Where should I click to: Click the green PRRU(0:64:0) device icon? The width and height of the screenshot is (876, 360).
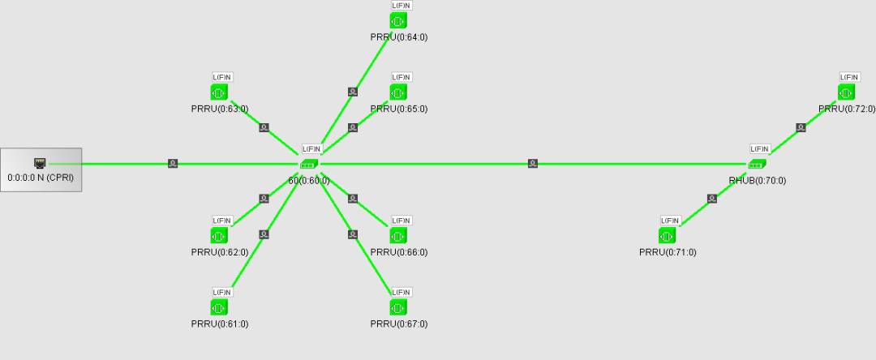(x=398, y=20)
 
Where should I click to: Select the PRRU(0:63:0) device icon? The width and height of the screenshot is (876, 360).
(x=219, y=92)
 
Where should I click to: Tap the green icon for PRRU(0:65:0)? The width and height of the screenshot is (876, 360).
(x=398, y=92)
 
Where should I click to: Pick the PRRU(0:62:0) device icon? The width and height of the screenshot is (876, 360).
(x=219, y=235)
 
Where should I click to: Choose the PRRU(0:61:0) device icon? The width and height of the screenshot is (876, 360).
(x=219, y=307)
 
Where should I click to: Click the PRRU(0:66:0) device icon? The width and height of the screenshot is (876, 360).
(x=398, y=235)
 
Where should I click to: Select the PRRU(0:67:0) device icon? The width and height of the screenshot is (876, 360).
(x=398, y=307)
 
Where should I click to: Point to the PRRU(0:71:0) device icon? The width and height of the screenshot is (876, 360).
(x=668, y=235)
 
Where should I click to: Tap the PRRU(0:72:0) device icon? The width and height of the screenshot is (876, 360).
(x=847, y=92)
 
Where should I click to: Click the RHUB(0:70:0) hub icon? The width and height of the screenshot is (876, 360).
(x=758, y=164)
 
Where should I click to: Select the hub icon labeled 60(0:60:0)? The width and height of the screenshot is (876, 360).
(x=309, y=164)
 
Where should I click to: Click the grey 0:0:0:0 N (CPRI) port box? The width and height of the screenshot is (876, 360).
(x=41, y=169)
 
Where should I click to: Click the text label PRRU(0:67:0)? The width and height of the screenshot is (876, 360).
(x=398, y=324)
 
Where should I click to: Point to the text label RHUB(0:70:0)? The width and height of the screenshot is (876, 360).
(x=758, y=181)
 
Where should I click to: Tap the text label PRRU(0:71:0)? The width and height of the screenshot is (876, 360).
(x=668, y=252)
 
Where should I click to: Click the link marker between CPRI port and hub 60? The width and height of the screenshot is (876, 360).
(x=173, y=164)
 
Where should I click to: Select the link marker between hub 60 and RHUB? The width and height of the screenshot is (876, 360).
(x=533, y=164)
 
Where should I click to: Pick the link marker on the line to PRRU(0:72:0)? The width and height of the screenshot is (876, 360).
(x=801, y=127)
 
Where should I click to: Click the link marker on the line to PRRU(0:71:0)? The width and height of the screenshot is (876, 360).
(x=712, y=199)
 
